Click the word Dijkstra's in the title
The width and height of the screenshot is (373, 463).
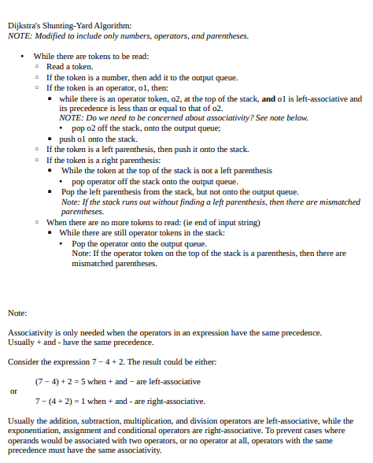[x=24, y=26]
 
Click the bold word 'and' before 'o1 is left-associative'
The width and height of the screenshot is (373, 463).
[x=268, y=98]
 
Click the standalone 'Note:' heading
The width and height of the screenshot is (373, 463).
[x=17, y=313]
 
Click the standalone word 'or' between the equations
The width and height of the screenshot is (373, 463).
[x=13, y=391]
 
